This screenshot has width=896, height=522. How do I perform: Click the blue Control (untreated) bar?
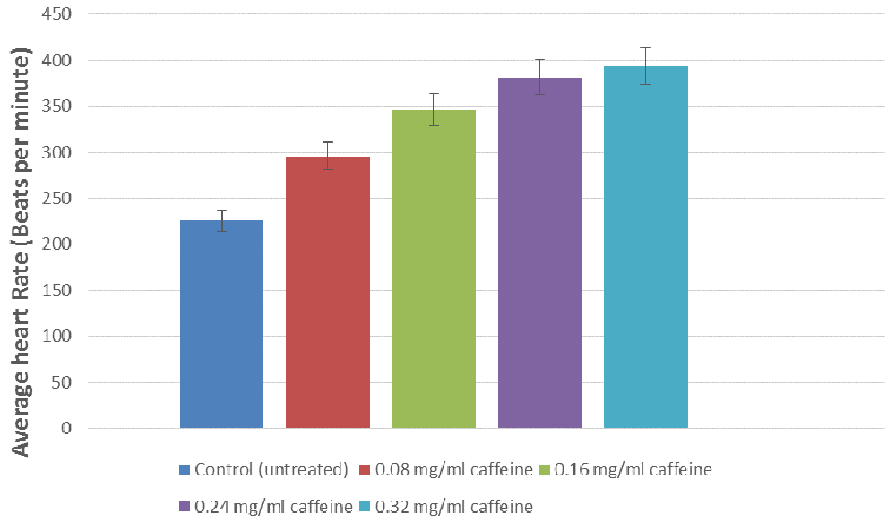(221, 324)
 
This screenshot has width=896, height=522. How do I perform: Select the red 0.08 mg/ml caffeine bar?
(328, 293)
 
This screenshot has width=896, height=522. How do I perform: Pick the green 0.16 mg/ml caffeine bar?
(434, 270)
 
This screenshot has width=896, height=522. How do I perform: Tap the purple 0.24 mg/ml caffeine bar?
(539, 253)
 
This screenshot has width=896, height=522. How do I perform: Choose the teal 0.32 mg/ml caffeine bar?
(646, 248)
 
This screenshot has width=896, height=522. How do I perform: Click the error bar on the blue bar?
(221, 221)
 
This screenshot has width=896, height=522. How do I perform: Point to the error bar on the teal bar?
(646, 66)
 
